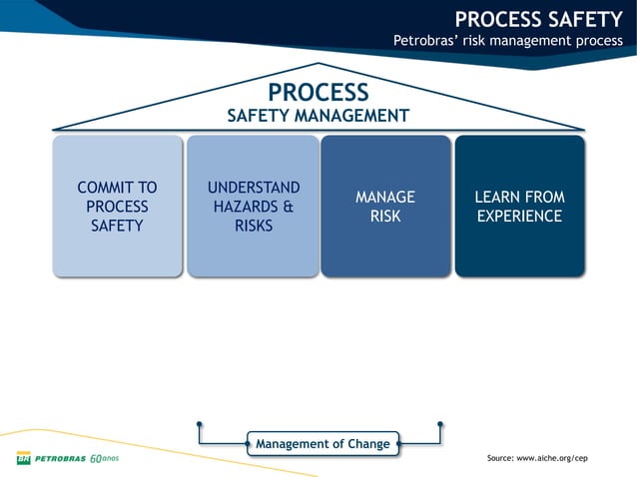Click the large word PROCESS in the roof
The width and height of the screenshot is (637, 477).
tap(318, 92)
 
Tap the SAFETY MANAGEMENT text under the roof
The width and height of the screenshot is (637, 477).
tap(318, 116)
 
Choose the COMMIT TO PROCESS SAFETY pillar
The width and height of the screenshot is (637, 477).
tap(117, 206)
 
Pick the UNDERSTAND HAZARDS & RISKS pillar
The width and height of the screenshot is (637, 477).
tap(253, 206)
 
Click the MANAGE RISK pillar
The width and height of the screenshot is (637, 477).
tap(385, 206)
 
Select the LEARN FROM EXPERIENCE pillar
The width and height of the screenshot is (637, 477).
tap(519, 206)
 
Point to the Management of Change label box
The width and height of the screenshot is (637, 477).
tap(322, 443)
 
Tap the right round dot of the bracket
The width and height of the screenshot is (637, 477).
tap(440, 424)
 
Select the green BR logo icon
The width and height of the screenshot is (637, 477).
tap(23, 459)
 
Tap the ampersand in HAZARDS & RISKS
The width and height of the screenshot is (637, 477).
tap(287, 207)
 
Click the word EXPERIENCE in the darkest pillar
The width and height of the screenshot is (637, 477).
tap(519, 216)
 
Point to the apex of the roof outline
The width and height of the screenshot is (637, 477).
tap(318, 64)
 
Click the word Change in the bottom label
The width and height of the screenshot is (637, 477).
tap(364, 443)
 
